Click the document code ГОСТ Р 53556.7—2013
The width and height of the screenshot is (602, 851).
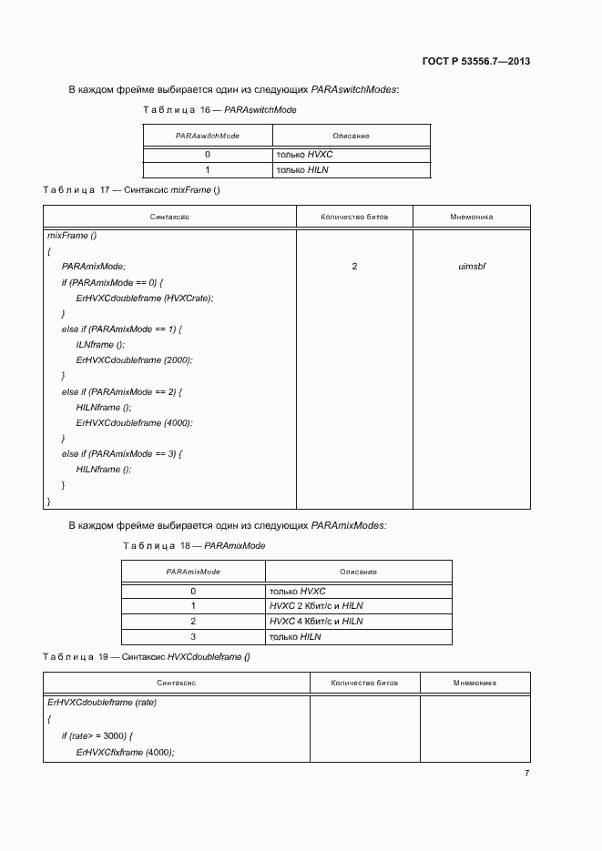(x=476, y=62)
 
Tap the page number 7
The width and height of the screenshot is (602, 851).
(x=526, y=773)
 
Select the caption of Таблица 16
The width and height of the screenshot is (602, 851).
(x=219, y=109)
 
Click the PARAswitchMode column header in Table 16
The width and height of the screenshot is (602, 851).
(x=207, y=135)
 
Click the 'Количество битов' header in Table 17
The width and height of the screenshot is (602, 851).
(x=354, y=218)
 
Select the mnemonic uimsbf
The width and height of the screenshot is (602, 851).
(x=472, y=267)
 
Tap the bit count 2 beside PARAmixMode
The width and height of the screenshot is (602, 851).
(x=354, y=267)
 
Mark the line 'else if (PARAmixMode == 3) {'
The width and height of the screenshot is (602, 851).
(x=122, y=453)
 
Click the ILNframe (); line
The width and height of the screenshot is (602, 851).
(x=101, y=345)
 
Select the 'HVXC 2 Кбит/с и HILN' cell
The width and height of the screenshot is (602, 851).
(x=316, y=606)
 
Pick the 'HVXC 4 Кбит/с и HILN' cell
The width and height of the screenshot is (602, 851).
(x=316, y=622)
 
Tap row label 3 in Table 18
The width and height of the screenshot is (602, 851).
(x=193, y=637)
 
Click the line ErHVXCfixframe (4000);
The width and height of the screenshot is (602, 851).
(x=125, y=752)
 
